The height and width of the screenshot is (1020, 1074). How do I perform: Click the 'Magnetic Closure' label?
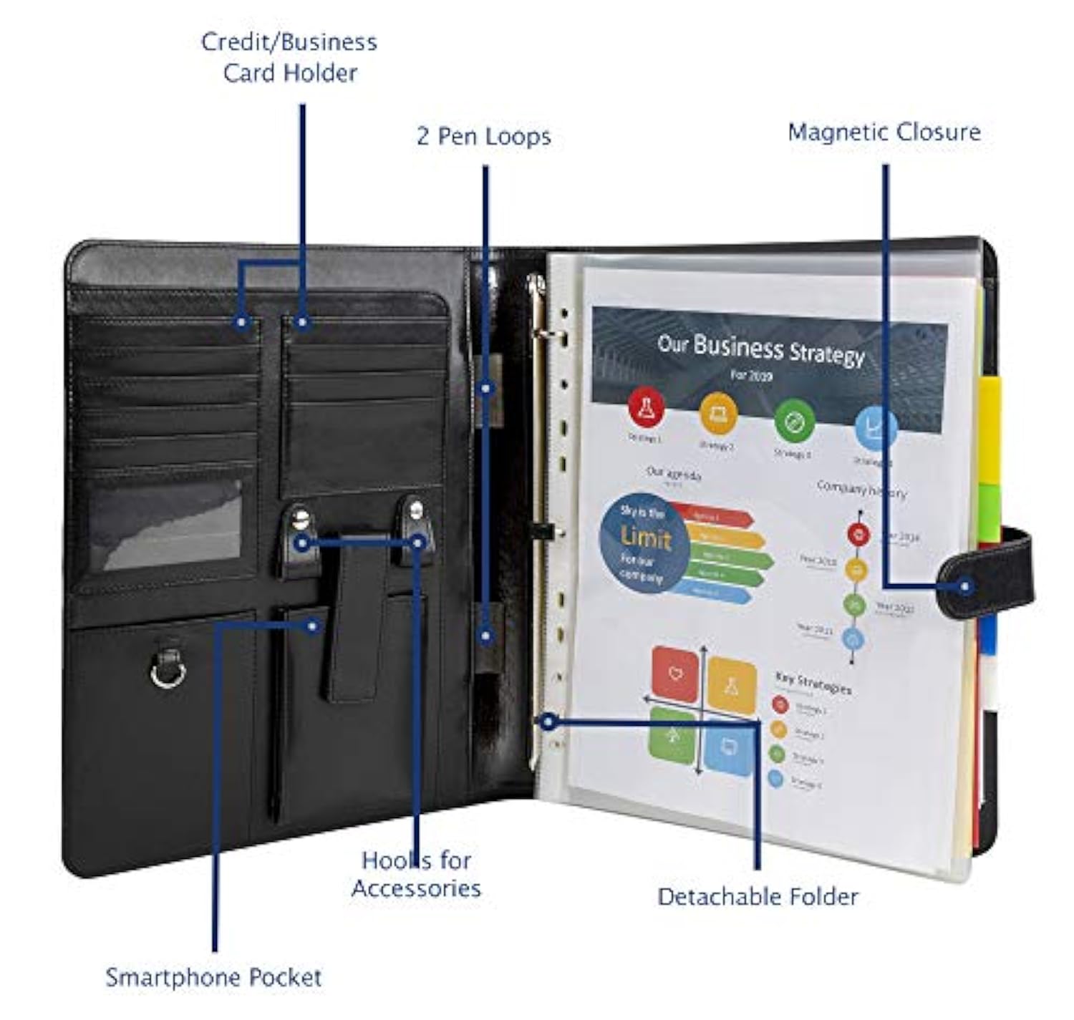884,132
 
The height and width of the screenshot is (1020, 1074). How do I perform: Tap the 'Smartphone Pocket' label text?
213,977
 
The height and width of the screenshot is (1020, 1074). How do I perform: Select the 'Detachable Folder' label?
758,896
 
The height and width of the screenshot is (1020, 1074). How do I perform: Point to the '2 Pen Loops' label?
484,136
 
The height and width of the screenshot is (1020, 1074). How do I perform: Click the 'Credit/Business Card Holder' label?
289,57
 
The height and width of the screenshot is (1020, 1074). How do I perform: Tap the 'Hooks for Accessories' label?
416,874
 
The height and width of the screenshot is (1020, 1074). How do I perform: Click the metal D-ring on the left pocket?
168,671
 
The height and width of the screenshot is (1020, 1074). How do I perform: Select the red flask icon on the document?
646,407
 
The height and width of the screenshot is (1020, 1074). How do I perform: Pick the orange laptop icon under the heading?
717,413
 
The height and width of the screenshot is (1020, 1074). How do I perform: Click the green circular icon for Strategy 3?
794,422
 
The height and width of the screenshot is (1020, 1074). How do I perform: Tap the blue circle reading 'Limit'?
644,542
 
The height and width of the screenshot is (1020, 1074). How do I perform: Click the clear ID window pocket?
165,525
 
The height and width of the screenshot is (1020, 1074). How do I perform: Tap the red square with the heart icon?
674,674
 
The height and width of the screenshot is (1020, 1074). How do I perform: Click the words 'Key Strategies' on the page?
813,684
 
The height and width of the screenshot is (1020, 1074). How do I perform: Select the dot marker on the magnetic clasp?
965,586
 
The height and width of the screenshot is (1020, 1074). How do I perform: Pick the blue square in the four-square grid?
729,748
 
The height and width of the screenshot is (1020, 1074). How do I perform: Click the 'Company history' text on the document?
861,490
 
